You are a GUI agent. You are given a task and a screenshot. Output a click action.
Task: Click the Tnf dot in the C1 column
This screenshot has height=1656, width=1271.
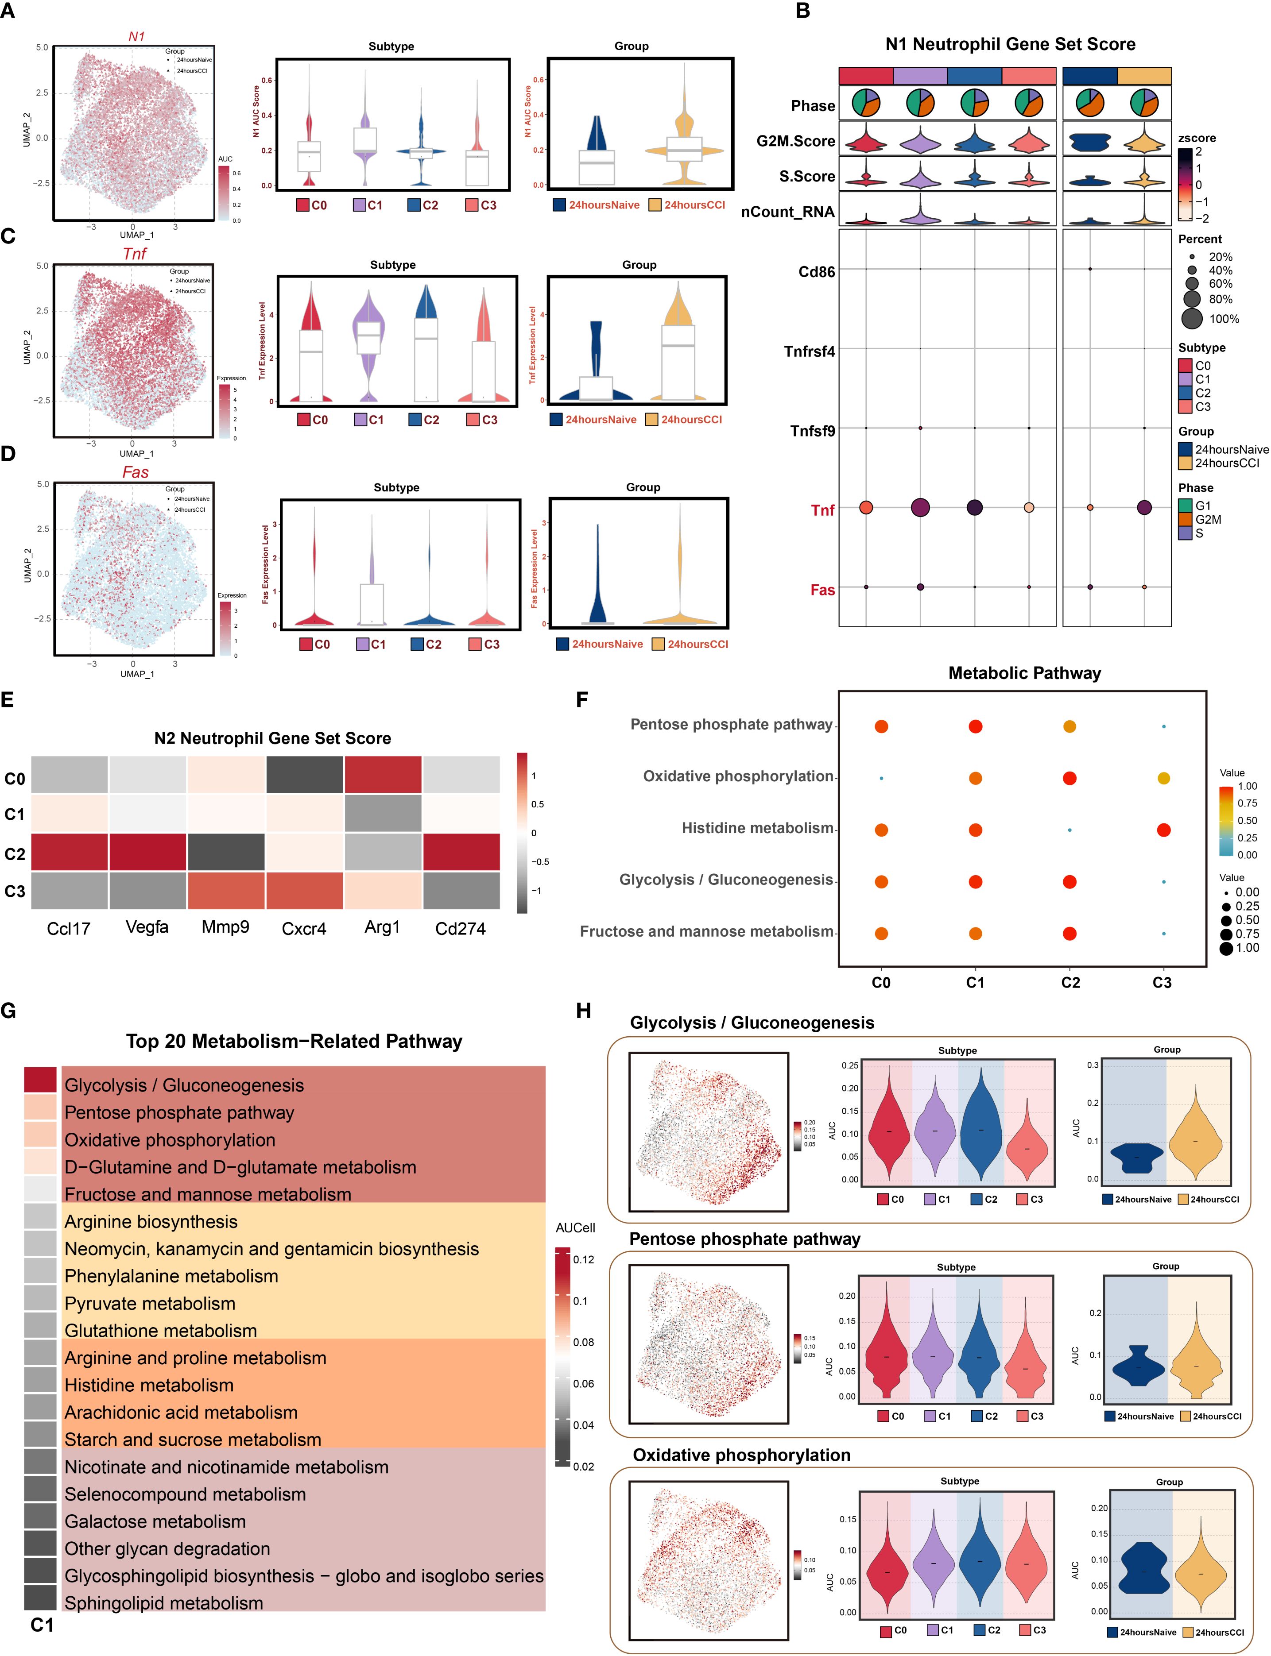click(x=920, y=507)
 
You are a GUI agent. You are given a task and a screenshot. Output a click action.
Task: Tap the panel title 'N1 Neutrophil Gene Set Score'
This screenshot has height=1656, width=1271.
click(x=1010, y=44)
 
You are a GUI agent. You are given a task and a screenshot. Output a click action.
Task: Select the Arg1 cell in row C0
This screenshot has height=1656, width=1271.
click(x=382, y=774)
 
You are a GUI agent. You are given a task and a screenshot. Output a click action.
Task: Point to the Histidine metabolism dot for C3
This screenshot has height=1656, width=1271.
click(x=1163, y=830)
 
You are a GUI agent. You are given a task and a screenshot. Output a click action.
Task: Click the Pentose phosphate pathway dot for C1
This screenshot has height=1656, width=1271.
click(x=975, y=726)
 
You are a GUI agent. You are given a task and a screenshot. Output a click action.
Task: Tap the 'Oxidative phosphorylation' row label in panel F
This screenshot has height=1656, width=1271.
click(x=738, y=776)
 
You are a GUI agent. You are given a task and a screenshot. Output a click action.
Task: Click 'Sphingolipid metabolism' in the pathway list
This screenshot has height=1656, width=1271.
click(x=163, y=1602)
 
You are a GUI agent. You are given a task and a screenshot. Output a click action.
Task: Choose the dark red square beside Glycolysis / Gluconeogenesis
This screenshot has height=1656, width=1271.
click(x=40, y=1079)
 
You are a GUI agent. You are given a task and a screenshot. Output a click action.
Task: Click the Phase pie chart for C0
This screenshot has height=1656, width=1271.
click(x=865, y=102)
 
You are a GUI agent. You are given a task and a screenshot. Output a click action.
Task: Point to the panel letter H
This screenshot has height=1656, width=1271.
click(x=583, y=1011)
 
